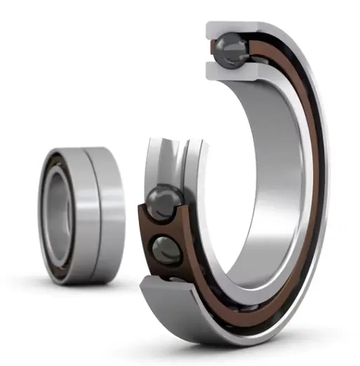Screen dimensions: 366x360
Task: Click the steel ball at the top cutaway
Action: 231,50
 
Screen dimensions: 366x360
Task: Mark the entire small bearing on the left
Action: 81,214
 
